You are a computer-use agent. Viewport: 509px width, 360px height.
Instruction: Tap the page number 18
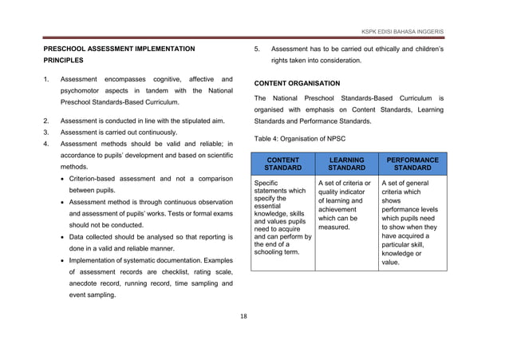[244, 316]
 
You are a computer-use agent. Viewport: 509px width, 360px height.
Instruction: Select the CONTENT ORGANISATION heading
[297, 83]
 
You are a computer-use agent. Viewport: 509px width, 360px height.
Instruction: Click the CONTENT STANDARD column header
[282, 164]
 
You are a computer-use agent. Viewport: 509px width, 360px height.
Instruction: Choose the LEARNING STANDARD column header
[347, 164]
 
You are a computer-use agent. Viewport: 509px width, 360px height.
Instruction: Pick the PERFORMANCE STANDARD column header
[412, 164]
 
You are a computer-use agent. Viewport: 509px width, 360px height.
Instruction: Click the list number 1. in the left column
[47, 80]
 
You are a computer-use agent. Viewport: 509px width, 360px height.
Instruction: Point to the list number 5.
[257, 49]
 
